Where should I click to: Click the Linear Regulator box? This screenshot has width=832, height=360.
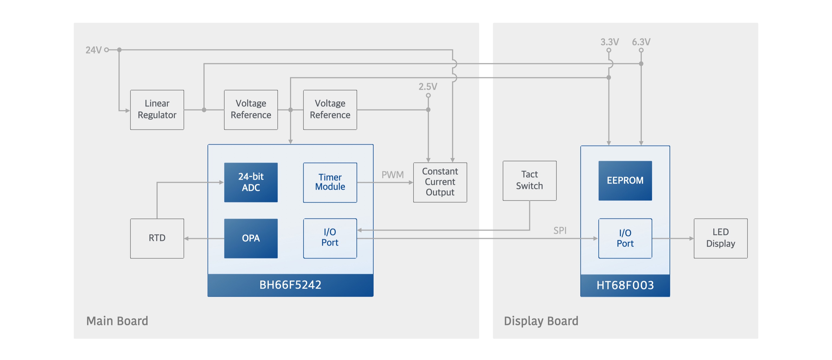pyautogui.click(x=157, y=110)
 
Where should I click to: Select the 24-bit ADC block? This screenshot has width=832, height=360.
pyautogui.click(x=251, y=182)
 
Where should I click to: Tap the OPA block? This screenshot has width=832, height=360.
pyautogui.click(x=251, y=239)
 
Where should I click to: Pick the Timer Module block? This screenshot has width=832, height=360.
pyautogui.click(x=330, y=182)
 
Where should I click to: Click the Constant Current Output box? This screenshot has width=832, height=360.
pyautogui.click(x=440, y=182)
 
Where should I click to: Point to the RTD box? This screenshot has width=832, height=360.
pyautogui.click(x=157, y=239)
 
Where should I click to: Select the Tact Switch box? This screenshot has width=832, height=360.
pyautogui.click(x=529, y=181)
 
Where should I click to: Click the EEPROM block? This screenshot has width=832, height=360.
pyautogui.click(x=625, y=181)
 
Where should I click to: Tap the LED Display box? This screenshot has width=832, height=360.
pyautogui.click(x=721, y=239)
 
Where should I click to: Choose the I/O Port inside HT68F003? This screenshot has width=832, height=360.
pyautogui.click(x=625, y=239)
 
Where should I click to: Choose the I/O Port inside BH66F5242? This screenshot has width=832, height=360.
pyautogui.click(x=330, y=239)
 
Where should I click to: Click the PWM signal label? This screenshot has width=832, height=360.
pyautogui.click(x=392, y=175)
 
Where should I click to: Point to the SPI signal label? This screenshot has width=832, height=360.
pyautogui.click(x=560, y=230)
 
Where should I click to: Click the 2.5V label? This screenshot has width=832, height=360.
pyautogui.click(x=428, y=87)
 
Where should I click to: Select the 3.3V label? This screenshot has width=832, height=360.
pyautogui.click(x=610, y=42)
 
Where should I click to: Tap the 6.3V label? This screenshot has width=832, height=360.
pyautogui.click(x=641, y=42)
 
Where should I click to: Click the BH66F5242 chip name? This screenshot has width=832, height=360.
pyautogui.click(x=290, y=285)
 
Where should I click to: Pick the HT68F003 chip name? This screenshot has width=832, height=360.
pyautogui.click(x=625, y=285)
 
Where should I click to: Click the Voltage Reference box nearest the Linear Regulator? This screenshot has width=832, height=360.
pyautogui.click(x=251, y=110)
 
